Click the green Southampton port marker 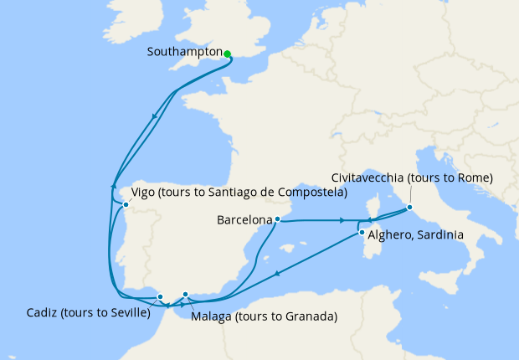227,54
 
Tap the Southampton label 183,51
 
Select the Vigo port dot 126,204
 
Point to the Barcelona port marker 277,220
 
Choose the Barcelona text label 244,221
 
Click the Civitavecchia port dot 409,207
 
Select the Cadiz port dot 160,296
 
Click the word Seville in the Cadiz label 126,314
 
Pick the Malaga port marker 186,294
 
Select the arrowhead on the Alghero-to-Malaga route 276,272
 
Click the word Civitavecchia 367,178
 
